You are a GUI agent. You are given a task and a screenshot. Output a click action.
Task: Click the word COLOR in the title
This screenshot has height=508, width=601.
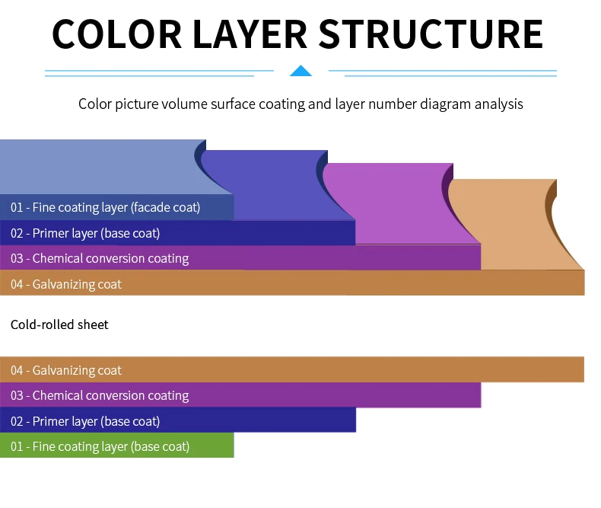point(116,34)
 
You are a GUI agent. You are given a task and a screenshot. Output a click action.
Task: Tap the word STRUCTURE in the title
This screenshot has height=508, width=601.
point(430,34)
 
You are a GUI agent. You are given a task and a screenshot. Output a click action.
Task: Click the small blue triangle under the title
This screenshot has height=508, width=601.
point(301,72)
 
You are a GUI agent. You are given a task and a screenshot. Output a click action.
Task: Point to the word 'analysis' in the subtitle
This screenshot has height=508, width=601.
point(498,104)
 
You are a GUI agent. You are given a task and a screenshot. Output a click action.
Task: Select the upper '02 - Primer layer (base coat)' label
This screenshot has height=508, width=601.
point(85,233)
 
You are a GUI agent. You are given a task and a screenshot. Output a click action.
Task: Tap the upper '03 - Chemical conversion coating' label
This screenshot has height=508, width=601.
point(100,258)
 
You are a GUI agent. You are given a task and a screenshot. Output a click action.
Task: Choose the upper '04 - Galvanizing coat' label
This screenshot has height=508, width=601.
point(66,284)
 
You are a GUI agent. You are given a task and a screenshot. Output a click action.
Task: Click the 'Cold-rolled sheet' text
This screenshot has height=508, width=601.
point(59,324)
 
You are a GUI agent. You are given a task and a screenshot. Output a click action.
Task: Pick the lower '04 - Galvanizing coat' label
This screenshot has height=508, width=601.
point(66,370)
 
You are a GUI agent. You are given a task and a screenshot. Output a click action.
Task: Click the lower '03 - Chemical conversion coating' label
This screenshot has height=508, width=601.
point(100,395)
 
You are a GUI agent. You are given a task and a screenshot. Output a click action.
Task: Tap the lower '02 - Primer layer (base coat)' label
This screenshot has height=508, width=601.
point(85,421)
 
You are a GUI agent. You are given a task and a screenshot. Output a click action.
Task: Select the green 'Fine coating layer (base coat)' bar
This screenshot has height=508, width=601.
point(116,446)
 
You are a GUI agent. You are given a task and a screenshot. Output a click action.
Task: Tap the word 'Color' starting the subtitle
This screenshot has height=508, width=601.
point(94,104)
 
